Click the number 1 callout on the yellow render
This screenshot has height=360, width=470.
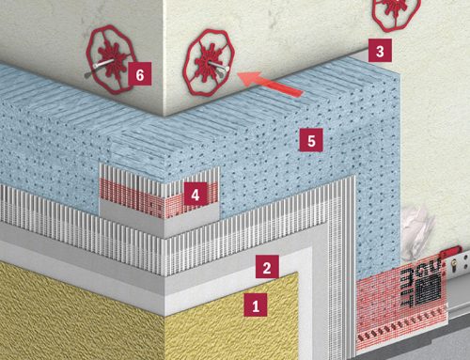coord(256,305)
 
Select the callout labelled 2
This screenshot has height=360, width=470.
coord(267,267)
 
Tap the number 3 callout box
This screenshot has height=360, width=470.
coord(380,51)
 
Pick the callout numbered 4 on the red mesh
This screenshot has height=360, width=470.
coord(196,194)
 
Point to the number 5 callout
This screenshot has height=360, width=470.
coord(311,140)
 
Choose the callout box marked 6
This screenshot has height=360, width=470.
coord(140,73)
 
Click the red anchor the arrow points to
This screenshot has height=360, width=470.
coord(210,63)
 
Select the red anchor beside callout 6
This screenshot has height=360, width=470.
coord(110,59)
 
